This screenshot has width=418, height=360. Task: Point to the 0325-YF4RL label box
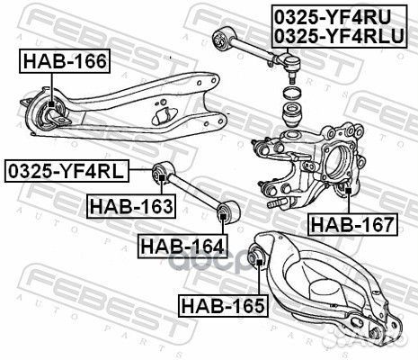point(66,169)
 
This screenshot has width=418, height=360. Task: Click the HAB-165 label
point(222,306)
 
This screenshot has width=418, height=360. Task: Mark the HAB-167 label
point(351,223)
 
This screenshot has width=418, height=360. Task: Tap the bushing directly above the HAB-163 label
point(161,169)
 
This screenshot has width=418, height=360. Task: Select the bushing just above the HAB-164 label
point(227,212)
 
